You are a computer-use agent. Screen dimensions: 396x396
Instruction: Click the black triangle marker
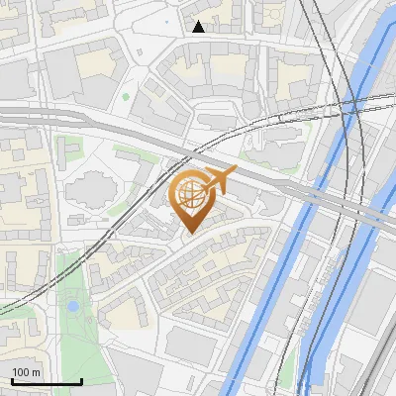coord(198,27)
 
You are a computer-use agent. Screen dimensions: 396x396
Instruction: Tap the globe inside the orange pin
coord(195,195)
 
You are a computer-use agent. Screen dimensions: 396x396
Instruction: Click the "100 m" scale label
coord(26,372)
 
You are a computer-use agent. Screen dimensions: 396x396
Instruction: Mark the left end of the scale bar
coord(12,382)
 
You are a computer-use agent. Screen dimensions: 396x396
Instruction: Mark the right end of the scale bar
coord(81,382)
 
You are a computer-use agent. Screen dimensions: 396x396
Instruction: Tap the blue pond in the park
coord(72,307)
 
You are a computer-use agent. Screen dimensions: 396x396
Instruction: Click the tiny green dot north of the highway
coord(126,97)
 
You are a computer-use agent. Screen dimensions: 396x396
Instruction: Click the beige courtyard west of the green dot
coord(96,63)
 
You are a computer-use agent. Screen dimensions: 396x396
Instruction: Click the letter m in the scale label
coord(37,372)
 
